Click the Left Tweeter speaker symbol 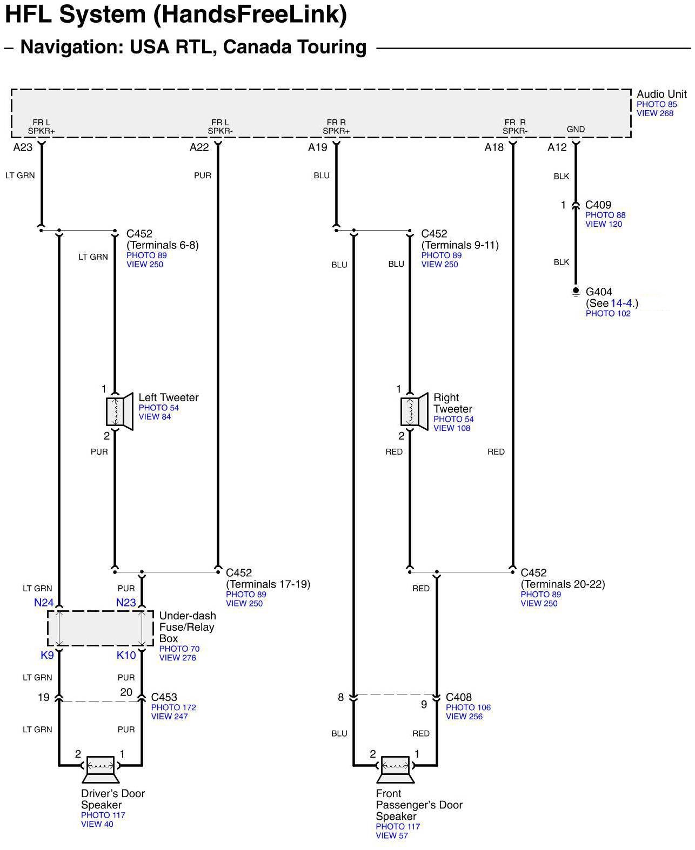120,411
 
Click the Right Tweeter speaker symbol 415,411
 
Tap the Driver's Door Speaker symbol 100,769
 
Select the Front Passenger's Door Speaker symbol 395,769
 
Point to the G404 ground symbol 576,292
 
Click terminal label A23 23,147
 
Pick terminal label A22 199,147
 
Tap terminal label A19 318,147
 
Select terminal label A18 494,147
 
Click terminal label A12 557,147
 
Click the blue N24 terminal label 44,603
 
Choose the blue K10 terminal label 126,655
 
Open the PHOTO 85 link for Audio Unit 656,104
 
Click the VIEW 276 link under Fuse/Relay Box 177,658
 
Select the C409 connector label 598,205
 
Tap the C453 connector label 164,697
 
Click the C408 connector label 459,697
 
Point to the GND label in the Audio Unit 576,129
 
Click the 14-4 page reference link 621,303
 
